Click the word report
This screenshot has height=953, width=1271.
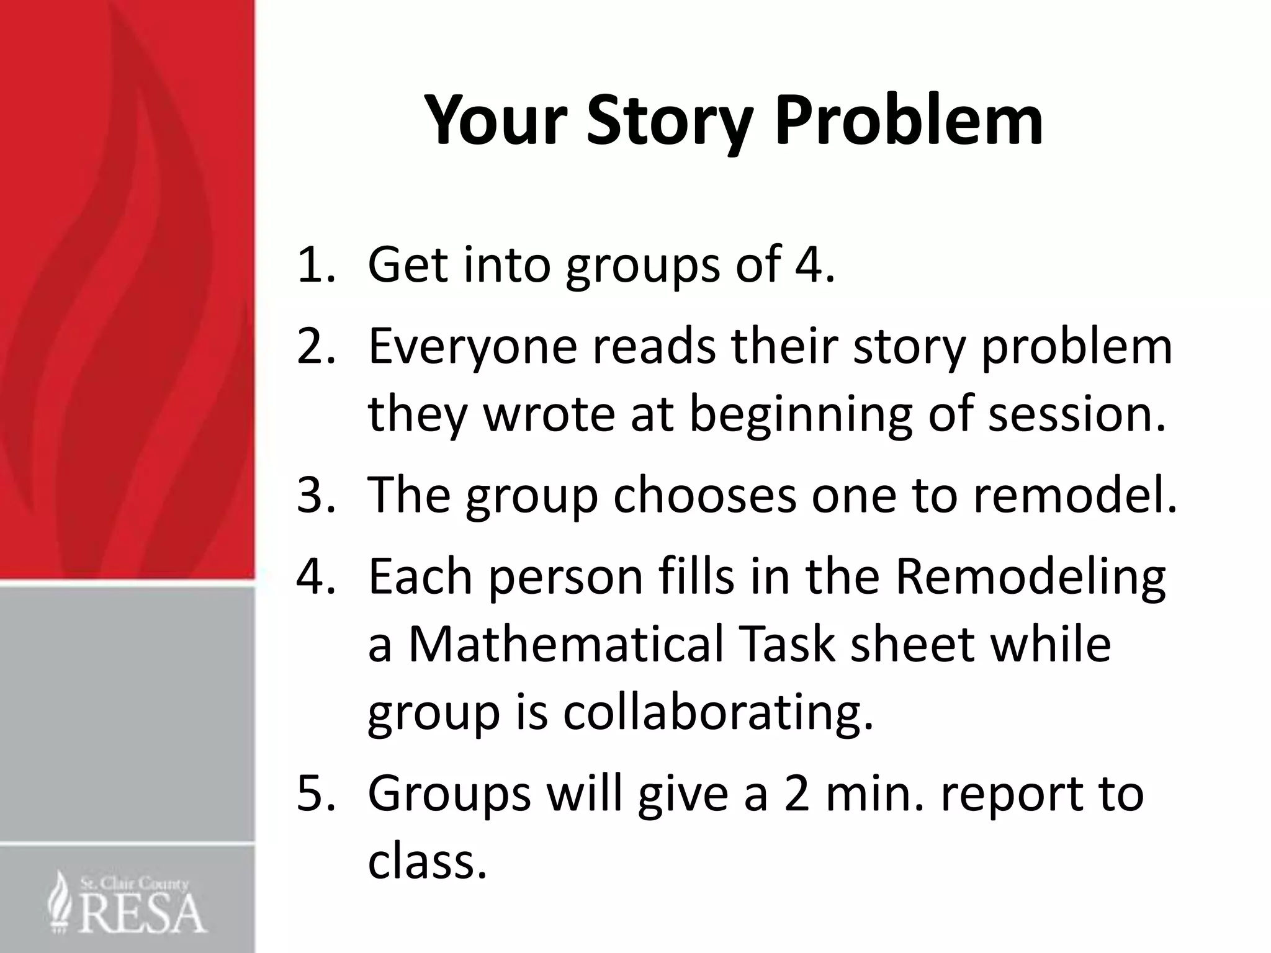(1008, 795)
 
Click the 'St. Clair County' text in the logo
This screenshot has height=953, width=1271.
(134, 883)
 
